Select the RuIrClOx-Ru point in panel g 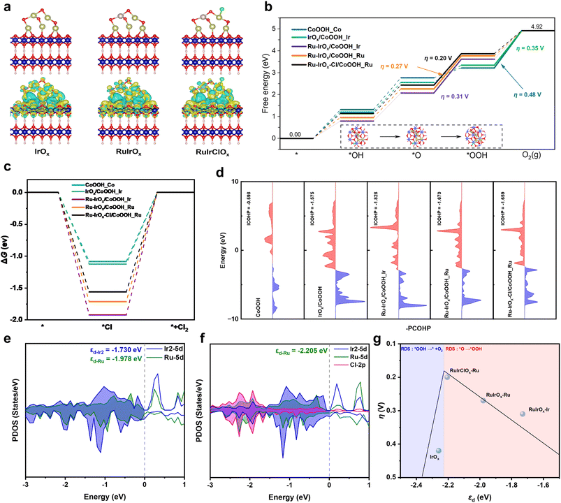(447, 377)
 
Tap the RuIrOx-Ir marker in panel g (523, 414)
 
